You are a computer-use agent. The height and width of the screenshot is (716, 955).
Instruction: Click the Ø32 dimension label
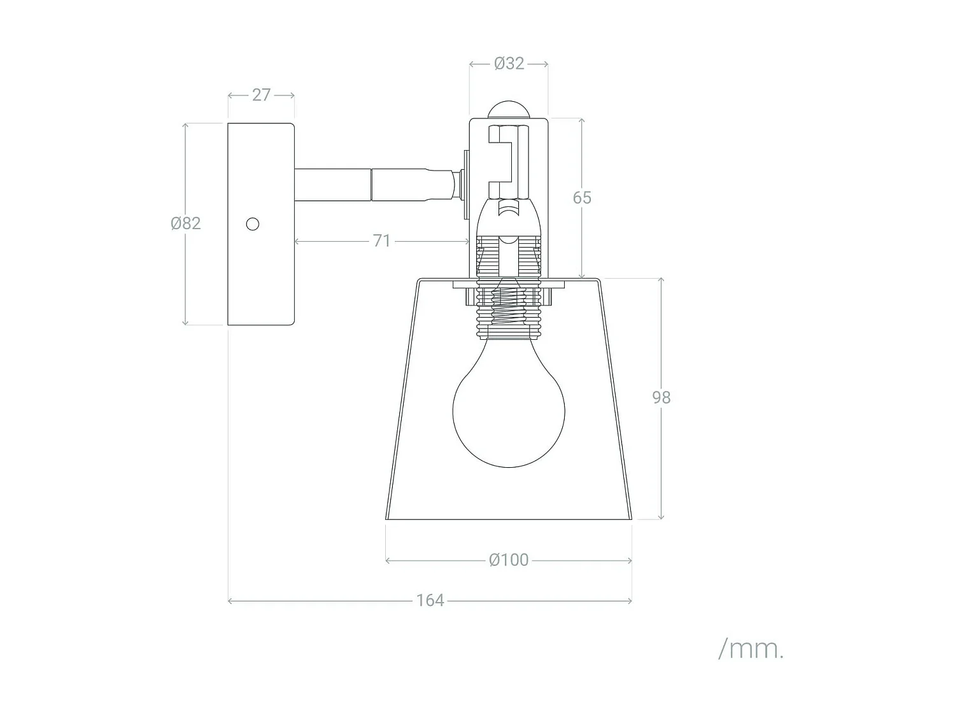(x=509, y=64)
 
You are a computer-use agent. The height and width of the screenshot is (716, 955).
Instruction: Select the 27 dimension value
(x=261, y=95)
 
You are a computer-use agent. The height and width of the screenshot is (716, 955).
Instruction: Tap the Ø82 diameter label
(x=186, y=223)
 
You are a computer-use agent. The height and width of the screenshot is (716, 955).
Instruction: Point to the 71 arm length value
(x=381, y=241)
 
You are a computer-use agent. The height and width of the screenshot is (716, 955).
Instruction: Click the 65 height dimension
(x=582, y=198)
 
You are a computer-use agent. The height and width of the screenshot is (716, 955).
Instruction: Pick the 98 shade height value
(x=661, y=397)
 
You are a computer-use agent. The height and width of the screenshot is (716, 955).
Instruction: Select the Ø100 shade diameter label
(x=509, y=560)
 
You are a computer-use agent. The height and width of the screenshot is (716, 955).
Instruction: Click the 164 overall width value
(x=430, y=600)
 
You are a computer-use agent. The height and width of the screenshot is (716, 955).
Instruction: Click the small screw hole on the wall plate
(x=252, y=224)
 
